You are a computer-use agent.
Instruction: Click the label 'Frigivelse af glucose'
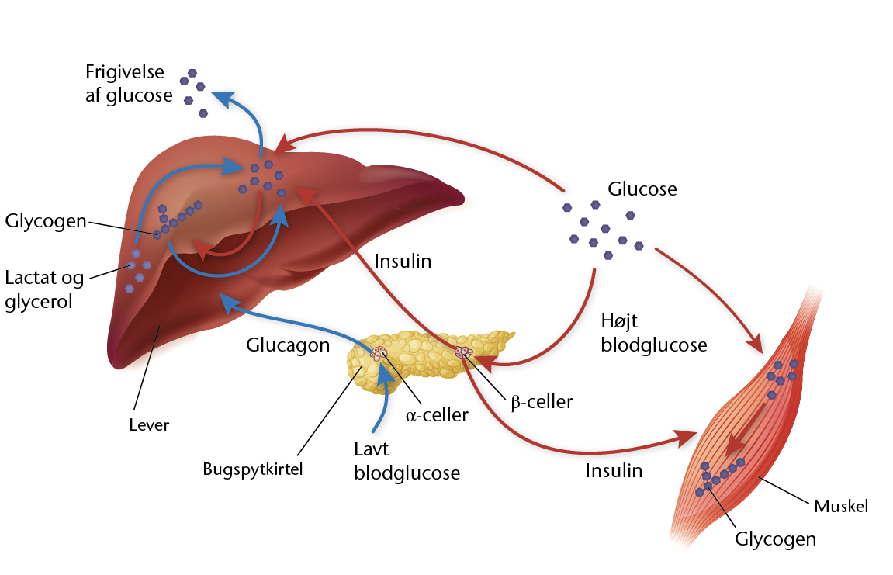point(129,83)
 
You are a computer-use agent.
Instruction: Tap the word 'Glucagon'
point(288,345)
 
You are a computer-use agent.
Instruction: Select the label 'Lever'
point(149,424)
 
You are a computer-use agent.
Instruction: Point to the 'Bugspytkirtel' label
point(253,469)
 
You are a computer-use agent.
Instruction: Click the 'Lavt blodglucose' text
point(407,461)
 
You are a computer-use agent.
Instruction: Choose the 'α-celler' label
point(437,415)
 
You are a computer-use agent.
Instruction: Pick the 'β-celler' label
point(542,402)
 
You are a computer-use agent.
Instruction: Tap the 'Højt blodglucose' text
point(654,333)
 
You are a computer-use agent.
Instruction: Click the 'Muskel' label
point(841,506)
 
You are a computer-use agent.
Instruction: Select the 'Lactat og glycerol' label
point(44,289)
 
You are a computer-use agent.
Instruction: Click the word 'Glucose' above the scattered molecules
point(642,189)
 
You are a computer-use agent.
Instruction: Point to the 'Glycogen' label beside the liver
point(46,221)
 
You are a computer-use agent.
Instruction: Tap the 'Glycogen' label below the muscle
point(776,539)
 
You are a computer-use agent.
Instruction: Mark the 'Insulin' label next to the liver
point(403,261)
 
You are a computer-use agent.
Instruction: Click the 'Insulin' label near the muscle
point(614,471)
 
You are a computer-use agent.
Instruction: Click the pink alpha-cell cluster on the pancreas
point(379,353)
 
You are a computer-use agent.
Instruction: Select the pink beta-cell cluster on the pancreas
point(464,352)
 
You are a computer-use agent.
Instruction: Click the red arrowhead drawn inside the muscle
point(736,444)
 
